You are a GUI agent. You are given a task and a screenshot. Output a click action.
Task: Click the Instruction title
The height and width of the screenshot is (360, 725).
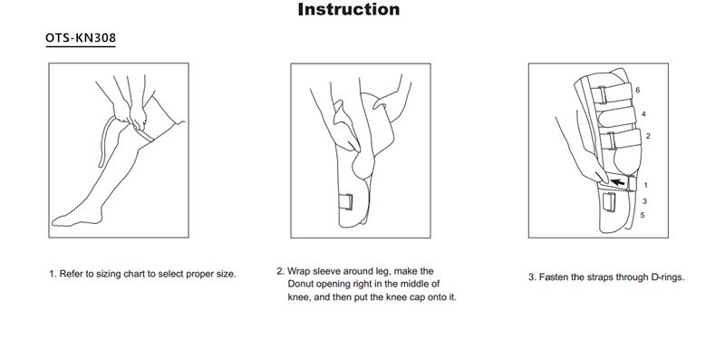click(349, 9)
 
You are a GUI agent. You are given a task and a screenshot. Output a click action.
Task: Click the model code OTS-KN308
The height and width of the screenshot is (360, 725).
click(81, 38)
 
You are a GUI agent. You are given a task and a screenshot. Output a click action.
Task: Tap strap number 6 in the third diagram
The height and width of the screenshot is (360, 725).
click(638, 91)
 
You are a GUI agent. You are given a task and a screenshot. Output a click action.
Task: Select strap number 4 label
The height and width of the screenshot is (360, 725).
click(643, 114)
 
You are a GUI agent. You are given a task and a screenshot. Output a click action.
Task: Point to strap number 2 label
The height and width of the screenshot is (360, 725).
click(648, 136)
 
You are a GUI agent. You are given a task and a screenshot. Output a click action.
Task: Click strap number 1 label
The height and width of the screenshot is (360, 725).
click(645, 186)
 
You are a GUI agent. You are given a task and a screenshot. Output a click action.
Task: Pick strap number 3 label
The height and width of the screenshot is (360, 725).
click(644, 201)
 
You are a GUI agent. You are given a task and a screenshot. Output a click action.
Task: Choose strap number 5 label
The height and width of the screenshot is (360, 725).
click(643, 215)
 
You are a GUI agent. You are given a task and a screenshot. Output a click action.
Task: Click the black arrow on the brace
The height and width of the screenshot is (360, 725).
click(617, 182)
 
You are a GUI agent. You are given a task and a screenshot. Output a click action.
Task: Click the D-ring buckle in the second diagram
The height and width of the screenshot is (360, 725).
click(345, 201)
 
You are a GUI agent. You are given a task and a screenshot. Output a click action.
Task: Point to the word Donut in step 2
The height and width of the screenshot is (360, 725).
click(302, 284)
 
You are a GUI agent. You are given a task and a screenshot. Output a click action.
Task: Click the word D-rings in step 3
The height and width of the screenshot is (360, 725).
click(667, 277)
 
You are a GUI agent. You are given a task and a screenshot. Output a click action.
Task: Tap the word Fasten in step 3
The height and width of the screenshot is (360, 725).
click(554, 277)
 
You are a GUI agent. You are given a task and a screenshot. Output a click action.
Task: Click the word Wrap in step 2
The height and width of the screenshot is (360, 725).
click(297, 271)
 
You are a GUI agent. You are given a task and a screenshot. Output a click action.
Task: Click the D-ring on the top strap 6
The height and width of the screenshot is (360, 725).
click(600, 95)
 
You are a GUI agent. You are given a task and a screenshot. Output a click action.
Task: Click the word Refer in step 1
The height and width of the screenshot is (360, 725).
click(71, 274)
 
